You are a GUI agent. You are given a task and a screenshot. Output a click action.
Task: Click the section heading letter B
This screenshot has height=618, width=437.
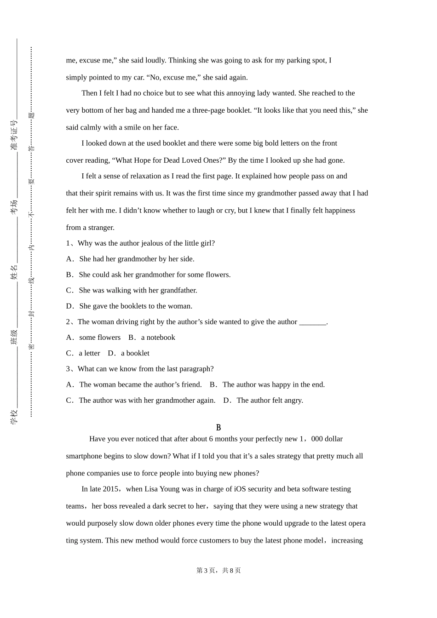[218, 428]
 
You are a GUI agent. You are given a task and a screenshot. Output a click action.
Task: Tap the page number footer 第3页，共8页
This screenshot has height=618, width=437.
[218, 570]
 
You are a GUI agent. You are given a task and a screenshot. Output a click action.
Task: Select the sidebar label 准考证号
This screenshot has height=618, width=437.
[14, 135]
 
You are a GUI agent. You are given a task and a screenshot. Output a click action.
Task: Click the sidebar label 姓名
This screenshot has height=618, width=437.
[14, 272]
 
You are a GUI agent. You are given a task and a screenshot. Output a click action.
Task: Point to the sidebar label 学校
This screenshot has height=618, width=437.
[14, 416]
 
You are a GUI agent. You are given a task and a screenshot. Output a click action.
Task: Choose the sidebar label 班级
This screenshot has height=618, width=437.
[14, 337]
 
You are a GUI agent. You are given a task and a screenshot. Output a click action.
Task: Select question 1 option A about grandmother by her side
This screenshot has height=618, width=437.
[136, 259]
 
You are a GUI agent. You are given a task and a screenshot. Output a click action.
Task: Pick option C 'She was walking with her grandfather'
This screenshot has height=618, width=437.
[138, 290]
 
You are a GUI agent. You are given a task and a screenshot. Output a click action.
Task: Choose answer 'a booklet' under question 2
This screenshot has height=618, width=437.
[135, 353]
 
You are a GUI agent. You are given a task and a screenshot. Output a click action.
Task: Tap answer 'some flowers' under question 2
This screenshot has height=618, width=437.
[99, 338]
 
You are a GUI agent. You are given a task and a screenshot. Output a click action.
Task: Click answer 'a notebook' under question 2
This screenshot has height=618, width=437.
[158, 338]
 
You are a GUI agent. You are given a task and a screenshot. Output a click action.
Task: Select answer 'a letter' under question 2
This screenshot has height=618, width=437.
[89, 353]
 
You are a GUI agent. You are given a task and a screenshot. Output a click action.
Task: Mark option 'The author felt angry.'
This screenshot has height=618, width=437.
[270, 400]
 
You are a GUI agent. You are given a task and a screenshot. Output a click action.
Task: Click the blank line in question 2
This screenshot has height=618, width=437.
[312, 322]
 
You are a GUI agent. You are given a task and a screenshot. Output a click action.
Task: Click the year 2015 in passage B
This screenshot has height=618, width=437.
[111, 489]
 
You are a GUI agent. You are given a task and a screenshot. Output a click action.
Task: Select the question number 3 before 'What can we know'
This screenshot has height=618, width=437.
[68, 369]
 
